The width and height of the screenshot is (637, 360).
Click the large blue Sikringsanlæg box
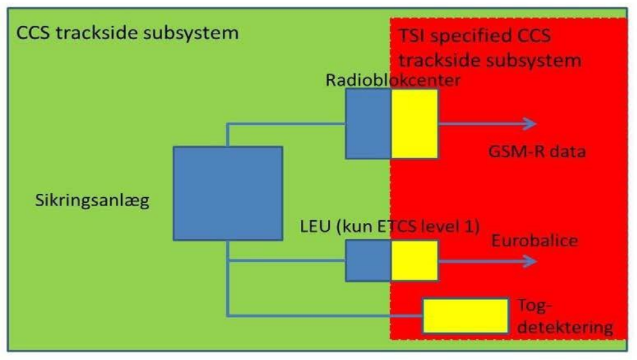point(227,194)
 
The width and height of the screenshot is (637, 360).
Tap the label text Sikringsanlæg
point(93,201)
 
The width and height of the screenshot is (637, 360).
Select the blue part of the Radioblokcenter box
point(368,124)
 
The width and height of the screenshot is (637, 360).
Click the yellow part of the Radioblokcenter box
point(414,124)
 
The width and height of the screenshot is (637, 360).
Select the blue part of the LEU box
point(368,260)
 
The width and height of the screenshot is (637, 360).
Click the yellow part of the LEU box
point(414,260)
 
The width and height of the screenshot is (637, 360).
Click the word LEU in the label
point(313,229)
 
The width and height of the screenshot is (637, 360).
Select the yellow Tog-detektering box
point(465,316)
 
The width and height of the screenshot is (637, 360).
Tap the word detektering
point(565,327)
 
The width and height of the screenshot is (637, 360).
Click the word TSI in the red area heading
point(412,37)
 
